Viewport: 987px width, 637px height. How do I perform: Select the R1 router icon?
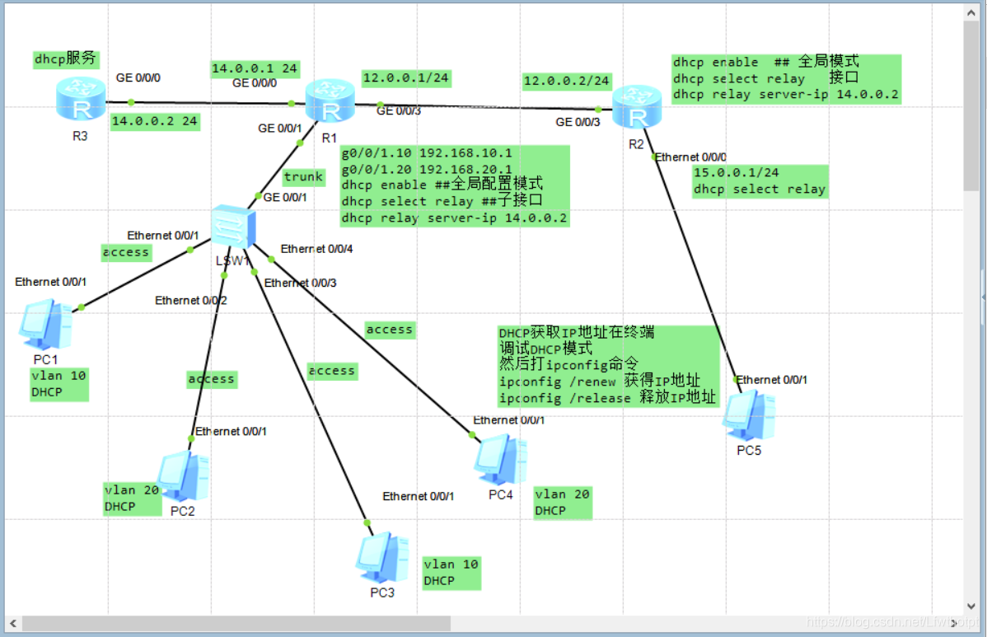click(330, 102)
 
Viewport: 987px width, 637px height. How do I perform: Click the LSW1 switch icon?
click(232, 228)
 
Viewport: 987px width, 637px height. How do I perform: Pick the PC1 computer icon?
click(45, 325)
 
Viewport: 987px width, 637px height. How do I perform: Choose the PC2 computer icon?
click(182, 476)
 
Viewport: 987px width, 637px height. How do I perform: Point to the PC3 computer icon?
click(381, 558)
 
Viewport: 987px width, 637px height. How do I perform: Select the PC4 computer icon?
click(500, 458)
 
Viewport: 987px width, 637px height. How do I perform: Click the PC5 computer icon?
click(748, 415)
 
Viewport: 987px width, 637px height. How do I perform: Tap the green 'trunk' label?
click(303, 176)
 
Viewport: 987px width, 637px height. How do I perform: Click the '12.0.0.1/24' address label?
click(405, 78)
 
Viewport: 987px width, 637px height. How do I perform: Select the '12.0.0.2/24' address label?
click(567, 81)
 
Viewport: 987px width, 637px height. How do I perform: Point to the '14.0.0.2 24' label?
click(154, 120)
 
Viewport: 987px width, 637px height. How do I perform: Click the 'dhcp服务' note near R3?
click(67, 59)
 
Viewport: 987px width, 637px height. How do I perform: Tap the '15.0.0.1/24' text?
click(736, 173)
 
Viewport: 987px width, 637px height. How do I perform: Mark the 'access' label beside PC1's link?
click(126, 252)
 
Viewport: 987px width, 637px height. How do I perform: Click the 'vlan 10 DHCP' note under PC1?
click(58, 384)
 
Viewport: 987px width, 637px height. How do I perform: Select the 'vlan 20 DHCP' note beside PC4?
click(562, 502)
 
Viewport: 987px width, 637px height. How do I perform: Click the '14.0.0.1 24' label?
click(255, 68)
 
